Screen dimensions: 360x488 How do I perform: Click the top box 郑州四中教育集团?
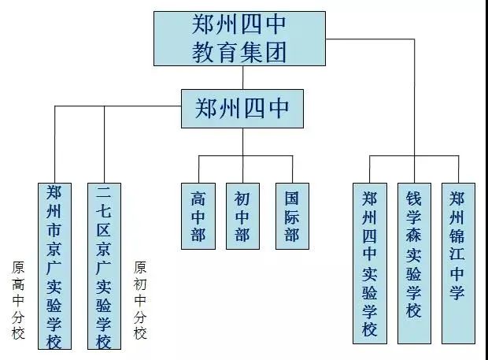240,38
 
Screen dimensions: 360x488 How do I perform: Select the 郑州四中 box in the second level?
242,107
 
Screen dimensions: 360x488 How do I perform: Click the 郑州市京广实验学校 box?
55,266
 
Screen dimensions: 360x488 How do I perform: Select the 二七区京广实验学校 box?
103,266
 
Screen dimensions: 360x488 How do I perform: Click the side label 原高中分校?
18,300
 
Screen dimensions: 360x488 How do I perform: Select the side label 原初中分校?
141,300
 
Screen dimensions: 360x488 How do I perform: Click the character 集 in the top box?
251,53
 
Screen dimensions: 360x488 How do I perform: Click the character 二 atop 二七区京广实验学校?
103,193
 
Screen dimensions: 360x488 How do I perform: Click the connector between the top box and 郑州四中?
242,76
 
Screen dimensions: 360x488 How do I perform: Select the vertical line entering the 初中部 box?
242,169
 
